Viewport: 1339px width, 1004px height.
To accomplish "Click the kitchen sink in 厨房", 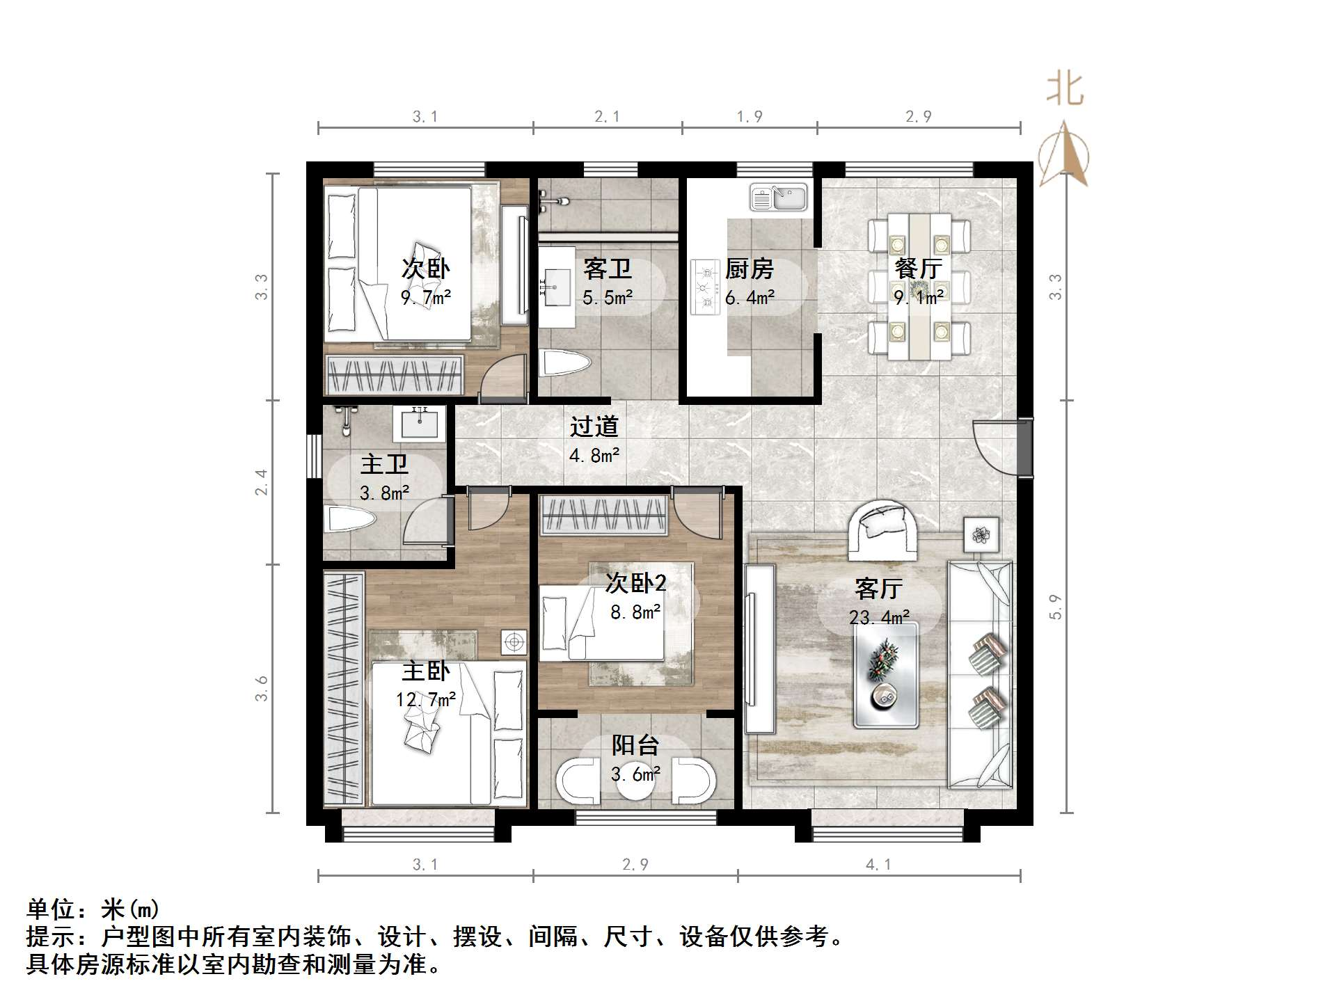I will [x=778, y=197].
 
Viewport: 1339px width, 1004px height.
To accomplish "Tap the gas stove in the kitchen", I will [x=704, y=287].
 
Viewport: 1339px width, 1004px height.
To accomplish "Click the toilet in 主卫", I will [x=350, y=520].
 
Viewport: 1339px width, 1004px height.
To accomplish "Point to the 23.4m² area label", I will [x=878, y=617].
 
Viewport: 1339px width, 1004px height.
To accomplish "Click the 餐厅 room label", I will [x=918, y=269].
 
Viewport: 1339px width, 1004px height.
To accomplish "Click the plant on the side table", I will [x=981, y=535].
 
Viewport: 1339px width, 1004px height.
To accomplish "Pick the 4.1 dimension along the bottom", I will [x=878, y=864].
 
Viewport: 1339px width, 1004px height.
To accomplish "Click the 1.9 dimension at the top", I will [x=750, y=116].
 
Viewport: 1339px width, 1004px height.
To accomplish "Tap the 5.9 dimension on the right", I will [x=1056, y=607].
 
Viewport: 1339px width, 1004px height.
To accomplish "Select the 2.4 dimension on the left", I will [x=261, y=482].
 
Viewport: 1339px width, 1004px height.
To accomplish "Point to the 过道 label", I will [x=594, y=426].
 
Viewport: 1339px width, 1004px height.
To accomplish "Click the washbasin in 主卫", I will [x=420, y=423].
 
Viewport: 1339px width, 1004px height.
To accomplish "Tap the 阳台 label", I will [x=635, y=746].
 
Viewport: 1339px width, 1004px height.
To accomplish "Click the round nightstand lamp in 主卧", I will [x=514, y=642].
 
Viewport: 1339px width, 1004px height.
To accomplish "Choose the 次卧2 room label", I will [x=635, y=583].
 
